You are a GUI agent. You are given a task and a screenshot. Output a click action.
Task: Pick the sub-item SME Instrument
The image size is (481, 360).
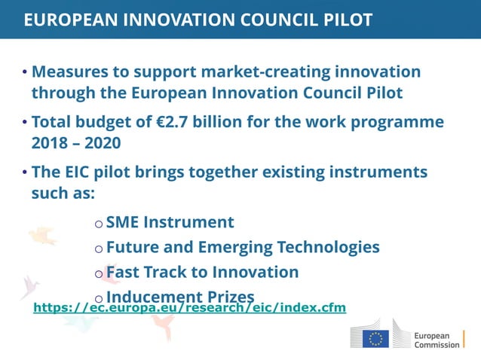coord(170,222)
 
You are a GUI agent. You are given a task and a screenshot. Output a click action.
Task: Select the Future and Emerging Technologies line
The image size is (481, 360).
coord(242,247)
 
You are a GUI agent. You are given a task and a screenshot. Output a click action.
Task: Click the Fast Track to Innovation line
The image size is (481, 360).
coord(202,272)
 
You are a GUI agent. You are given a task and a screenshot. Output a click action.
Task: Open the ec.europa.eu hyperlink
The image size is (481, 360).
coord(189,308)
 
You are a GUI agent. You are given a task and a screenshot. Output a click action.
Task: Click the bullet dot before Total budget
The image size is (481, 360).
coord(25,123)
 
